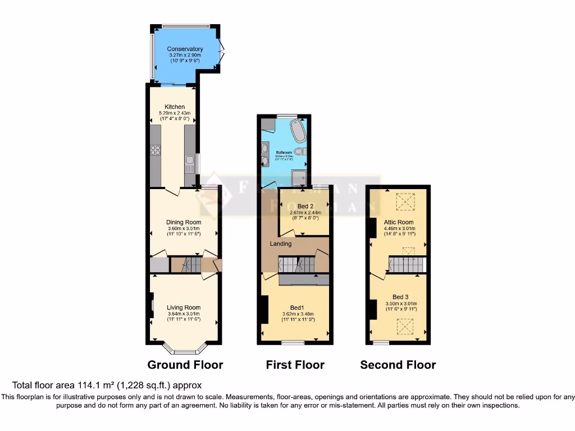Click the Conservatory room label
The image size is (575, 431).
point(185,49)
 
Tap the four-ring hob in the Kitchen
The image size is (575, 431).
point(156,150)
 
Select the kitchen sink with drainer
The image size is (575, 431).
point(190,163)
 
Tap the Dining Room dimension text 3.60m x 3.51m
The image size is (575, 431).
point(185,228)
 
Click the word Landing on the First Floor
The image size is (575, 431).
point(281,244)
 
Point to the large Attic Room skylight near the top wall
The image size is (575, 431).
point(404,201)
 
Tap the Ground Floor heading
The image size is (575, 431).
point(185,365)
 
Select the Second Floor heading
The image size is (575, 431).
point(398,365)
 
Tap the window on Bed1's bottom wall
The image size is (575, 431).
point(293,342)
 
